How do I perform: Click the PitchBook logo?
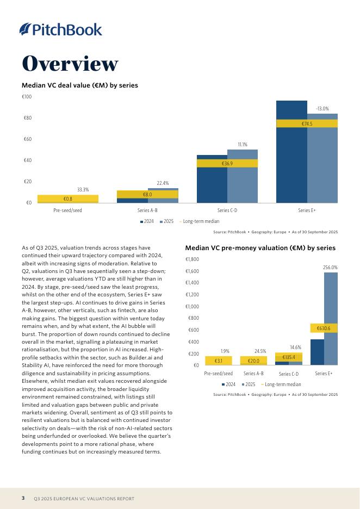pyautogui.click(x=61, y=29)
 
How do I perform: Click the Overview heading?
pyautogui.click(x=70, y=64)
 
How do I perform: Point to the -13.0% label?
pyautogui.click(x=322, y=109)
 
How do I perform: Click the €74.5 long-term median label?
pyautogui.click(x=307, y=124)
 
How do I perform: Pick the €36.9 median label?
pyautogui.click(x=227, y=164)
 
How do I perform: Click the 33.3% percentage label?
pyautogui.click(x=83, y=190)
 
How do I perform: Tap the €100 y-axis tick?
pyautogui.click(x=27, y=97)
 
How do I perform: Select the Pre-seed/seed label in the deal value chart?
pyautogui.click(x=68, y=210)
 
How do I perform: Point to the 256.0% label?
pyautogui.click(x=330, y=268)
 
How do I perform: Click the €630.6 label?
pyautogui.click(x=324, y=328)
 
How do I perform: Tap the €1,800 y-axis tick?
pyautogui.click(x=192, y=260)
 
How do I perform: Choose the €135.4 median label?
pyautogui.click(x=289, y=357)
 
